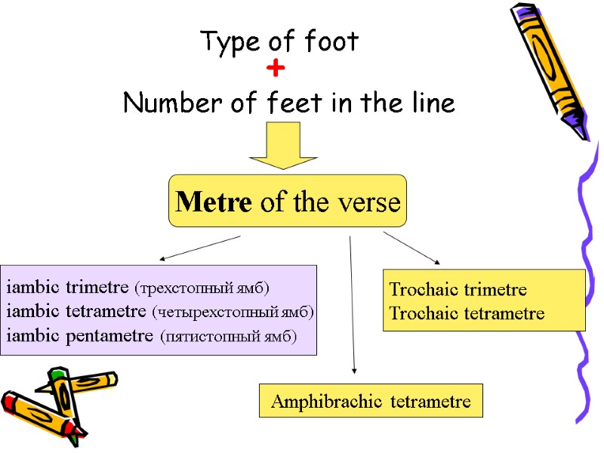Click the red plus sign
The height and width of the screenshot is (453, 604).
[276, 69]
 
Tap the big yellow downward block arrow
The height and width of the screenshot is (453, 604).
[283, 146]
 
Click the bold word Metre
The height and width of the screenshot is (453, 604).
[214, 202]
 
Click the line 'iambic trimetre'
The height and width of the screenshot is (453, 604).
[68, 288]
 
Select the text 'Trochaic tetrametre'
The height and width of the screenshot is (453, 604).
[466, 313]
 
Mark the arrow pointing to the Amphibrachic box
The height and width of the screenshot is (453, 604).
[352, 302]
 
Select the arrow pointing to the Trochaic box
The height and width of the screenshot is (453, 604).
[411, 248]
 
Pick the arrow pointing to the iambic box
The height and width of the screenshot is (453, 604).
[200, 248]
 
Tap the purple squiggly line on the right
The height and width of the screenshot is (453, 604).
[584, 287]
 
